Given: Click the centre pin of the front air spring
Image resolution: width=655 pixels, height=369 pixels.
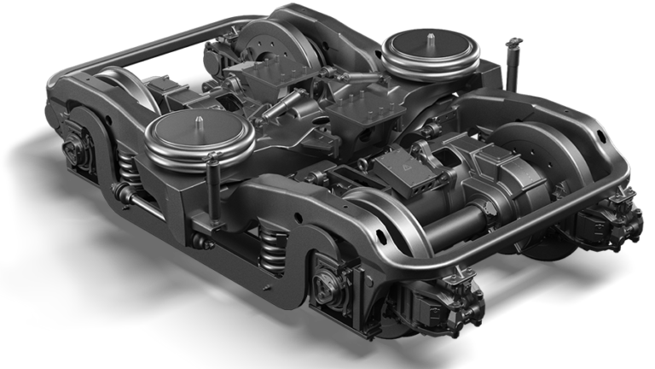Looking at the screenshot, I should (x=197, y=121).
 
